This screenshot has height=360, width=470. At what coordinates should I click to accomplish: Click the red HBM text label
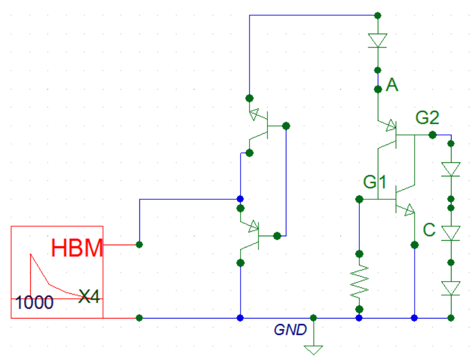pyautogui.click(x=77, y=247)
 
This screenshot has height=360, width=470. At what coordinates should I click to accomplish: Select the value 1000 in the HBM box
pyautogui.click(x=35, y=302)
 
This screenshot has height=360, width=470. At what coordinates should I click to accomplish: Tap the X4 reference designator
pyautogui.click(x=90, y=296)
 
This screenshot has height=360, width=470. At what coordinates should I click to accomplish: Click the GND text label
pyautogui.click(x=290, y=330)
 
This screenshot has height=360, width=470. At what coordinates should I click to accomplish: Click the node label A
pyautogui.click(x=392, y=85)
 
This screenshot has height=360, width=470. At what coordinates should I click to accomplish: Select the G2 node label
pyautogui.click(x=427, y=118)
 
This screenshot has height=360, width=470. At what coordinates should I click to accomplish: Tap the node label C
pyautogui.click(x=429, y=230)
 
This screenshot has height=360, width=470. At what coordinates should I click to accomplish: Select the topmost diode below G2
pyautogui.click(x=451, y=168)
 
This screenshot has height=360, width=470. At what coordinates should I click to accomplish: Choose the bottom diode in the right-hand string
pyautogui.click(x=451, y=288)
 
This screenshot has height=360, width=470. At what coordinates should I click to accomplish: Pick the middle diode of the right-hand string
pyautogui.click(x=451, y=231)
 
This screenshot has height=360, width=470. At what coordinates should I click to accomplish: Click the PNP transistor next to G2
pyautogui.click(x=394, y=134)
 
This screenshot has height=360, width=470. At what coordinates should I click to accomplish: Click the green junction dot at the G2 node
pyautogui.click(x=433, y=135)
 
